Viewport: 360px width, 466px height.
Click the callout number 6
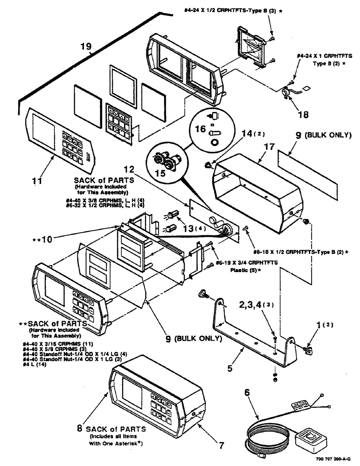point(248,393)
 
